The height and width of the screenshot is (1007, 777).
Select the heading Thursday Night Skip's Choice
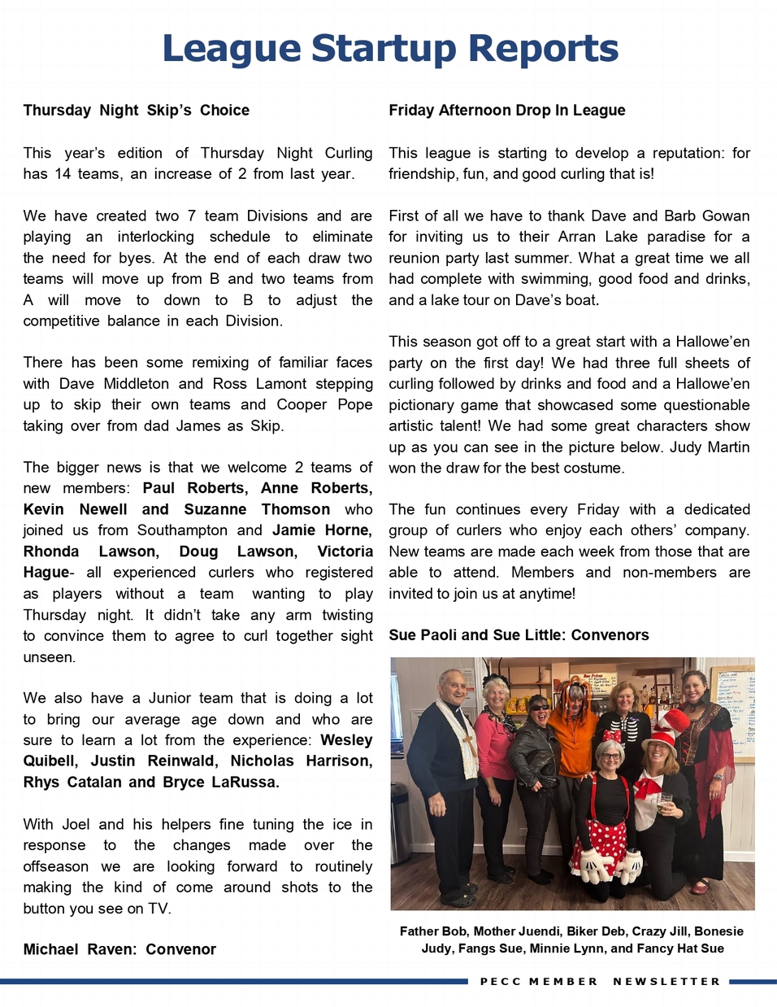(136, 110)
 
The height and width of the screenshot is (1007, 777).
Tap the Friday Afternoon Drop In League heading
(506, 110)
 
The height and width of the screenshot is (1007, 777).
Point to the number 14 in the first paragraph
(63, 173)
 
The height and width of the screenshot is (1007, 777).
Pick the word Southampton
(182, 530)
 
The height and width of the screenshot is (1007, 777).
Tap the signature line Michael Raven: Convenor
(119, 949)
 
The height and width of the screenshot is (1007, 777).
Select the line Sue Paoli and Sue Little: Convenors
(519, 635)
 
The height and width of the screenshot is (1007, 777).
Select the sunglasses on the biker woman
(539, 705)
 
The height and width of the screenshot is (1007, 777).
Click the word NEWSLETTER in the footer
(666, 982)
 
